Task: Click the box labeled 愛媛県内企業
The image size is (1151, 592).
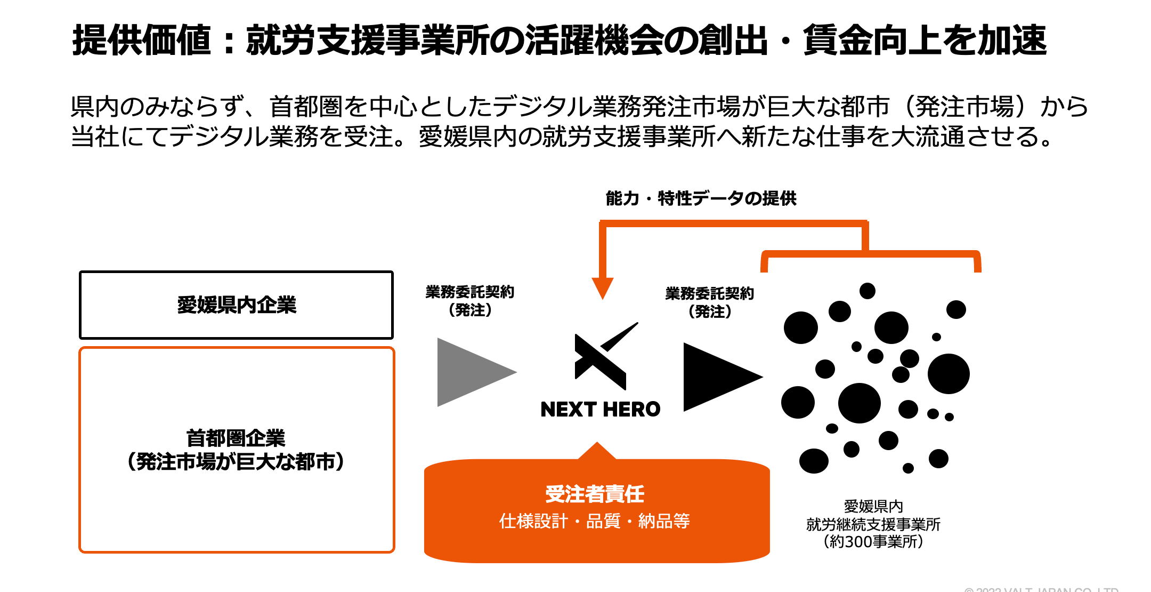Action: (x=236, y=305)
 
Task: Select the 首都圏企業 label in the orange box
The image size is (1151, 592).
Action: (x=236, y=438)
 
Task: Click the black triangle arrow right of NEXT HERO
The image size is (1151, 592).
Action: (x=716, y=377)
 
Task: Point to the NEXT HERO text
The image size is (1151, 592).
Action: (x=600, y=410)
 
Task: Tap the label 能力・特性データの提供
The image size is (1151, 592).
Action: (x=701, y=198)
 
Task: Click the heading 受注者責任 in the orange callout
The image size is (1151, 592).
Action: (x=595, y=494)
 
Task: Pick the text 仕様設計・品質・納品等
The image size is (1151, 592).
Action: (x=595, y=521)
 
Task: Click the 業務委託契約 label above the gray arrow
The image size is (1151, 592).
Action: (x=469, y=292)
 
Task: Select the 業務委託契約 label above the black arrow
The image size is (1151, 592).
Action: (x=709, y=293)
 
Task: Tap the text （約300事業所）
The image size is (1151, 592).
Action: (x=873, y=542)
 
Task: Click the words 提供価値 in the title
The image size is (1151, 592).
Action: (x=142, y=41)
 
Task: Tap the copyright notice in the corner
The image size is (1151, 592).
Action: (x=1041, y=589)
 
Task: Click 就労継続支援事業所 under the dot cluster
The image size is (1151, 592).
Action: (x=873, y=524)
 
